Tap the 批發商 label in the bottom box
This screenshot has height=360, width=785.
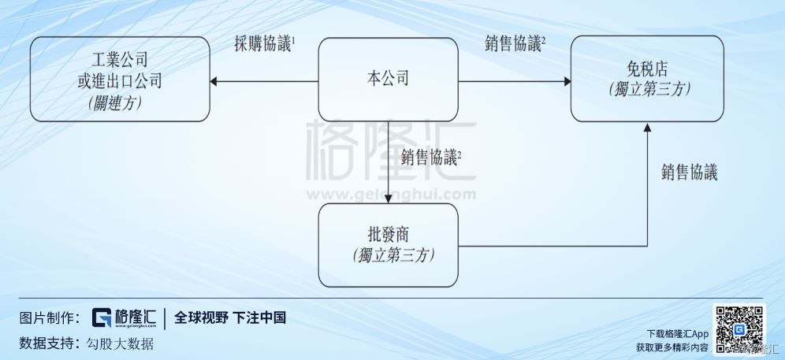coord(388,234)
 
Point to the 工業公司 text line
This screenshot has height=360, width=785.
coord(120,60)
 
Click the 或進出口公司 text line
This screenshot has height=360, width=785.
coord(120,80)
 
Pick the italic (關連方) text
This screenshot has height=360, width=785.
coord(120,101)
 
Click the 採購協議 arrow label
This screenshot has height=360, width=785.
coord(263,45)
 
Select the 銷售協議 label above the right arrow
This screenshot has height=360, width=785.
coord(515,45)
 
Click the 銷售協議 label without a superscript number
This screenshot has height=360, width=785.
coord(690,173)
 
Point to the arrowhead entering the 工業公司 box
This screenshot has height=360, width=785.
coord(214,81)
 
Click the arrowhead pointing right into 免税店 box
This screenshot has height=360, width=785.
coord(567,81)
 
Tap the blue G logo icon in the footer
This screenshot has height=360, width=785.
coord(102,317)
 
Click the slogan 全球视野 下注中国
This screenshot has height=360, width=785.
coord(229,317)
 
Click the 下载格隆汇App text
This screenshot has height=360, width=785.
coord(677,334)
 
